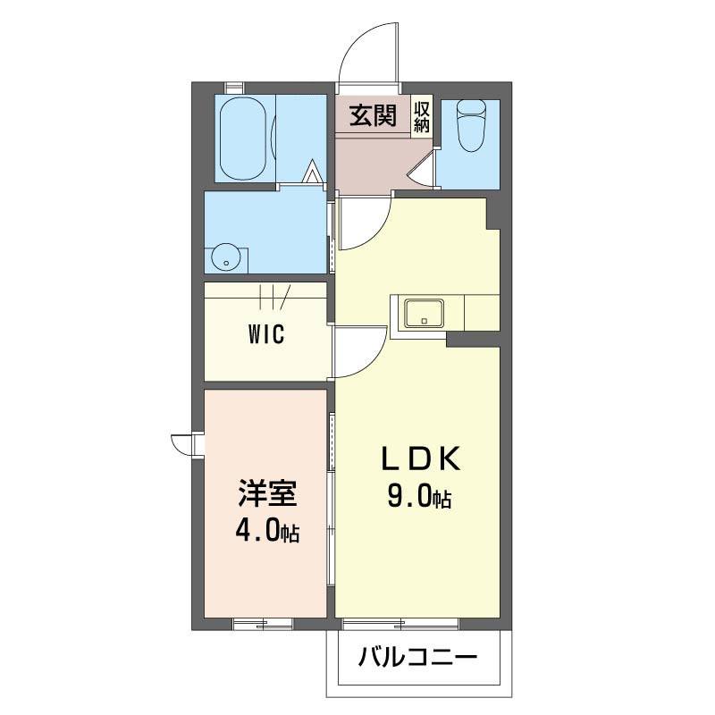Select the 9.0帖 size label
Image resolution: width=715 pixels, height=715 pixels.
(x=419, y=496)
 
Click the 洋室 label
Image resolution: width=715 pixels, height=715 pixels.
(x=266, y=494)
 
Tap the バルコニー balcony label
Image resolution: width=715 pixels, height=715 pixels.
(x=417, y=660)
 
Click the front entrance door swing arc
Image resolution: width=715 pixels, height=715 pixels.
(x=366, y=49)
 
